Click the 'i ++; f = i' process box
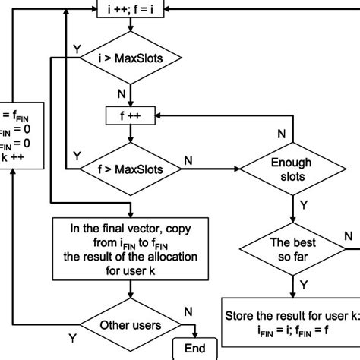point(131,10)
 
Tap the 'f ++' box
point(131,116)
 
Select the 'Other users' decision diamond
point(131,325)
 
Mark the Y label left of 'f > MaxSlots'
point(76,155)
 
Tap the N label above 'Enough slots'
point(280,134)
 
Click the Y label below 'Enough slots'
point(305,205)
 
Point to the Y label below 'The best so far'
point(305,284)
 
